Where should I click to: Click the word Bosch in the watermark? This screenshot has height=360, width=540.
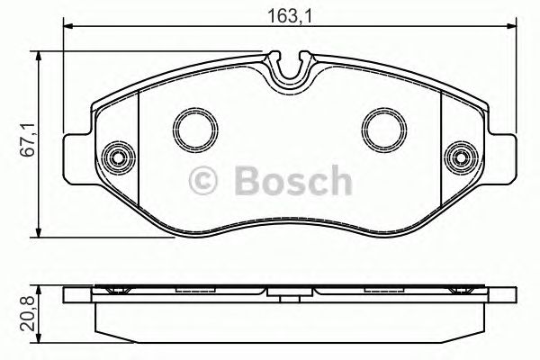(x=291, y=183)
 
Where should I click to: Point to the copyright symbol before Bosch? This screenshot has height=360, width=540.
(x=206, y=184)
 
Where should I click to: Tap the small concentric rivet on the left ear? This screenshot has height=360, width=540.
(x=114, y=158)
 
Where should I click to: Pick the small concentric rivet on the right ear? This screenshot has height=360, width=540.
(x=461, y=158)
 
